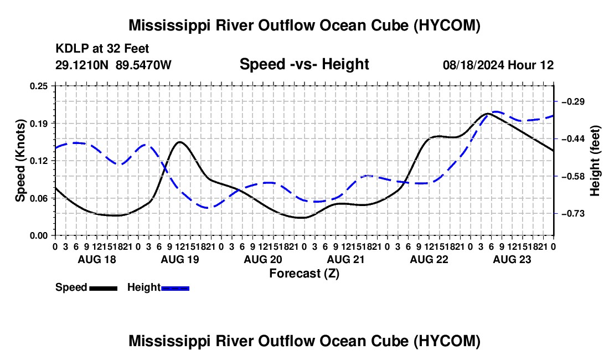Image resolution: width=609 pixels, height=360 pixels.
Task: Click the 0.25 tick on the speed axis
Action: point(39,86)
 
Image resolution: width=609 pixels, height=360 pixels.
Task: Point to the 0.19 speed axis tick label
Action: point(39,124)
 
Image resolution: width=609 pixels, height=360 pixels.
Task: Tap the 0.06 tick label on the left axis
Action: point(39,198)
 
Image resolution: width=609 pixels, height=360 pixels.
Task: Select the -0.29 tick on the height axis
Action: point(573,102)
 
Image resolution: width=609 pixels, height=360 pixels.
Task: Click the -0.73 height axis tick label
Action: point(573,214)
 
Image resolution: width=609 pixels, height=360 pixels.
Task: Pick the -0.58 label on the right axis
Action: point(573,177)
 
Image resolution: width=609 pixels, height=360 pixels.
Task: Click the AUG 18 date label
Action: point(97,259)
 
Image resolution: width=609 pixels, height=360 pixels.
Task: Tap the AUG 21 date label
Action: point(346,259)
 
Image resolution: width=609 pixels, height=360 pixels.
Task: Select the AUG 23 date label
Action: point(512,259)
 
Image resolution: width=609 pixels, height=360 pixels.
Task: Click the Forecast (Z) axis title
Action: point(304,274)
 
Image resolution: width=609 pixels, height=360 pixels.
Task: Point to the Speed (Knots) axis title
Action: point(20,161)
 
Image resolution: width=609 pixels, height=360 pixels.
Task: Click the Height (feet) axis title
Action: point(595,161)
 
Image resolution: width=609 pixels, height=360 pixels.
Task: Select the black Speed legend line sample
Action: point(104,289)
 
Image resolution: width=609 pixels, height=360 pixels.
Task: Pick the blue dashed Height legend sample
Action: point(175,289)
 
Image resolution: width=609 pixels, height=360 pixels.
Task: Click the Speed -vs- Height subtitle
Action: point(304,64)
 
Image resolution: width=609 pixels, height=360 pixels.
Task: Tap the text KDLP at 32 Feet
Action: point(102,49)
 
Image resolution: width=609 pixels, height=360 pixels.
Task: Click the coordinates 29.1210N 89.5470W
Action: point(113,65)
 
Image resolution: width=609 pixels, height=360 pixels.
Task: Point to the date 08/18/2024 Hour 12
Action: point(498,65)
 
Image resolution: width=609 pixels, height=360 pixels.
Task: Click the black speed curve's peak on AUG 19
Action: point(179,142)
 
